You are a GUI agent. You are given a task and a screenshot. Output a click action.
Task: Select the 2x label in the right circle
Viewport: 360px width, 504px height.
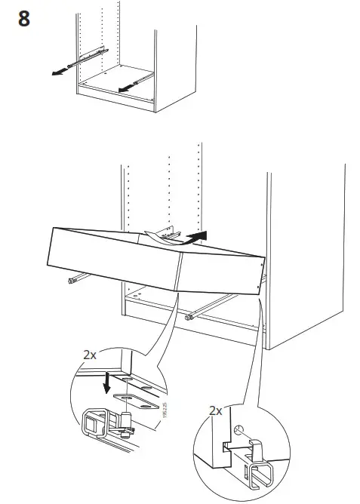(214, 410)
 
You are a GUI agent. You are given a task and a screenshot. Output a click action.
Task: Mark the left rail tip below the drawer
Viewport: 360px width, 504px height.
(73, 281)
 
